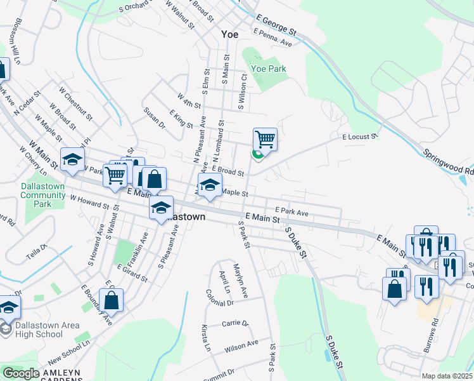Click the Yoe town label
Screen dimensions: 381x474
click(229, 34)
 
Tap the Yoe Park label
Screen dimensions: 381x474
click(269, 69)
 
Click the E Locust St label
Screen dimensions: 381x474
click(360, 136)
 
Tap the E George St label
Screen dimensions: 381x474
click(276, 22)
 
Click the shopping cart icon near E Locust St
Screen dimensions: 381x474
click(265, 139)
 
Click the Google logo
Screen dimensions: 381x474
click(21, 373)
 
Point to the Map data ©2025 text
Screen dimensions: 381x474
click(447, 376)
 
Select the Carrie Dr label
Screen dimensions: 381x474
click(234, 323)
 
